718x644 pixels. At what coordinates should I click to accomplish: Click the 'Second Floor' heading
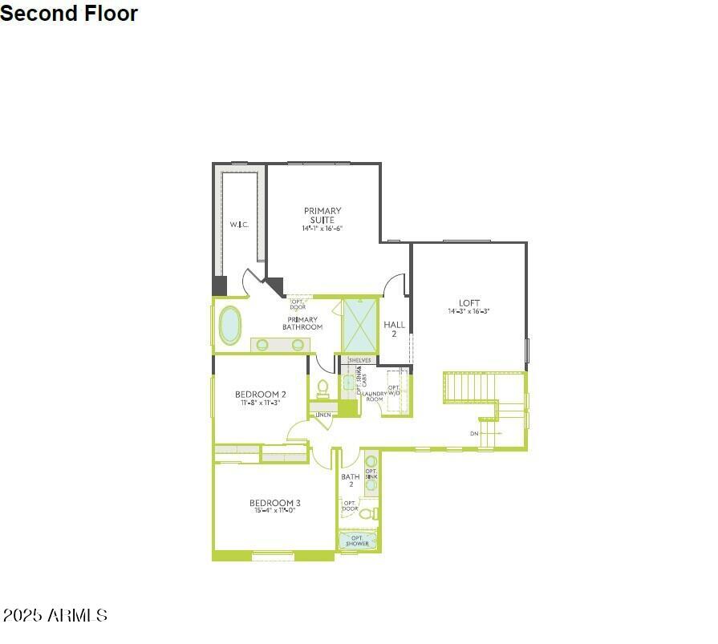(69, 14)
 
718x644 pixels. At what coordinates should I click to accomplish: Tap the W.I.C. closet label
(239, 225)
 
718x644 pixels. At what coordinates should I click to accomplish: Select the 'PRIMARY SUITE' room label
(322, 215)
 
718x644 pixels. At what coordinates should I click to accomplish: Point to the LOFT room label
(469, 303)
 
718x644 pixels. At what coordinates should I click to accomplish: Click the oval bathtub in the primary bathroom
(230, 325)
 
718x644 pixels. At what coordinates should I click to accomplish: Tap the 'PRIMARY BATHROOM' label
(302, 323)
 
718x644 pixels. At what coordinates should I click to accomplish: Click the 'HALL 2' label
(394, 329)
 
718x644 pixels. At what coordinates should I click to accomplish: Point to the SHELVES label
(359, 361)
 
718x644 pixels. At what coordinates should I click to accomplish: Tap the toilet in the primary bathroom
(323, 388)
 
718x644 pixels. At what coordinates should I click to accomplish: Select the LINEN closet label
(322, 415)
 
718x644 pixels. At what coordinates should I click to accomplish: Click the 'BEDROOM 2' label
(260, 394)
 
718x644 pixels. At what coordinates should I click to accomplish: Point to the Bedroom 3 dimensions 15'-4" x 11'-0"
(275, 510)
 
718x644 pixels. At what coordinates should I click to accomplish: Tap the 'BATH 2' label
(351, 480)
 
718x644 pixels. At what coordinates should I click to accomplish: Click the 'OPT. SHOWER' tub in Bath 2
(357, 541)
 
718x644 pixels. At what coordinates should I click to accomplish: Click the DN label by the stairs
(474, 433)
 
